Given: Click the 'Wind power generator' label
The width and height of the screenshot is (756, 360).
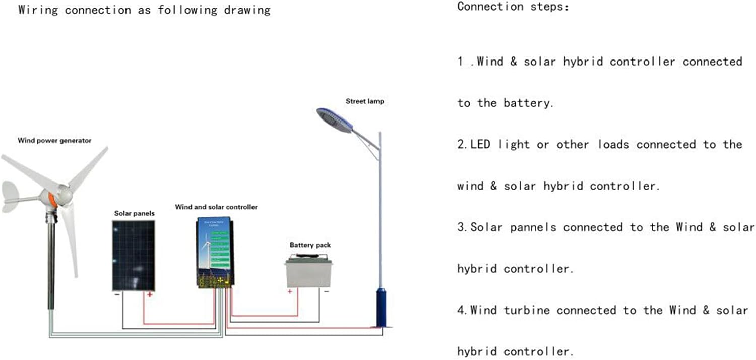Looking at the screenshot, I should (54, 141).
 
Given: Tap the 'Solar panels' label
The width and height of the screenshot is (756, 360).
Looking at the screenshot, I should (134, 213).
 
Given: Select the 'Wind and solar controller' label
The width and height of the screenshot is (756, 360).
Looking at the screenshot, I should (216, 207).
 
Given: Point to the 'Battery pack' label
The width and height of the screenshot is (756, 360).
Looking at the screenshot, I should (310, 245).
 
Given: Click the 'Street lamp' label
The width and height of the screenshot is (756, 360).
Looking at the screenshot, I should (364, 101).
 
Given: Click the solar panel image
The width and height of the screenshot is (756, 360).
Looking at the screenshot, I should (134, 255).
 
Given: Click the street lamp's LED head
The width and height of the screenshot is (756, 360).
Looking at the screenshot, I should (334, 119).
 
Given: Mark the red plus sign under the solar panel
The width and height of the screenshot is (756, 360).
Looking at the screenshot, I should (149, 294).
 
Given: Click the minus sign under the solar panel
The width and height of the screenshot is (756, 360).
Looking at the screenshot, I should (117, 294).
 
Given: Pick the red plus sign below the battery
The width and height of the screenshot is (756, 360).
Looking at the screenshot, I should (290, 291).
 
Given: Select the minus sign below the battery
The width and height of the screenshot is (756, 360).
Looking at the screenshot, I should (326, 291).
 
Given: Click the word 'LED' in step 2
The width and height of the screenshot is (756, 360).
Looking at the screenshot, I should (482, 145).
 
